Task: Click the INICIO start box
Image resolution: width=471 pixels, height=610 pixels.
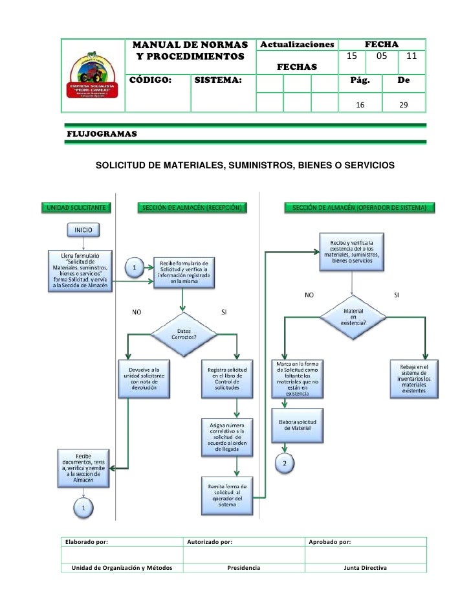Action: (x=83, y=230)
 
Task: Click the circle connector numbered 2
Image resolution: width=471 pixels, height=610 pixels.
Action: (x=285, y=462)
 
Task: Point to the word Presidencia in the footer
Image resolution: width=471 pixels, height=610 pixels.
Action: (x=244, y=567)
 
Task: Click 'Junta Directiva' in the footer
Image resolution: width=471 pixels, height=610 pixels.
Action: (x=365, y=567)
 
